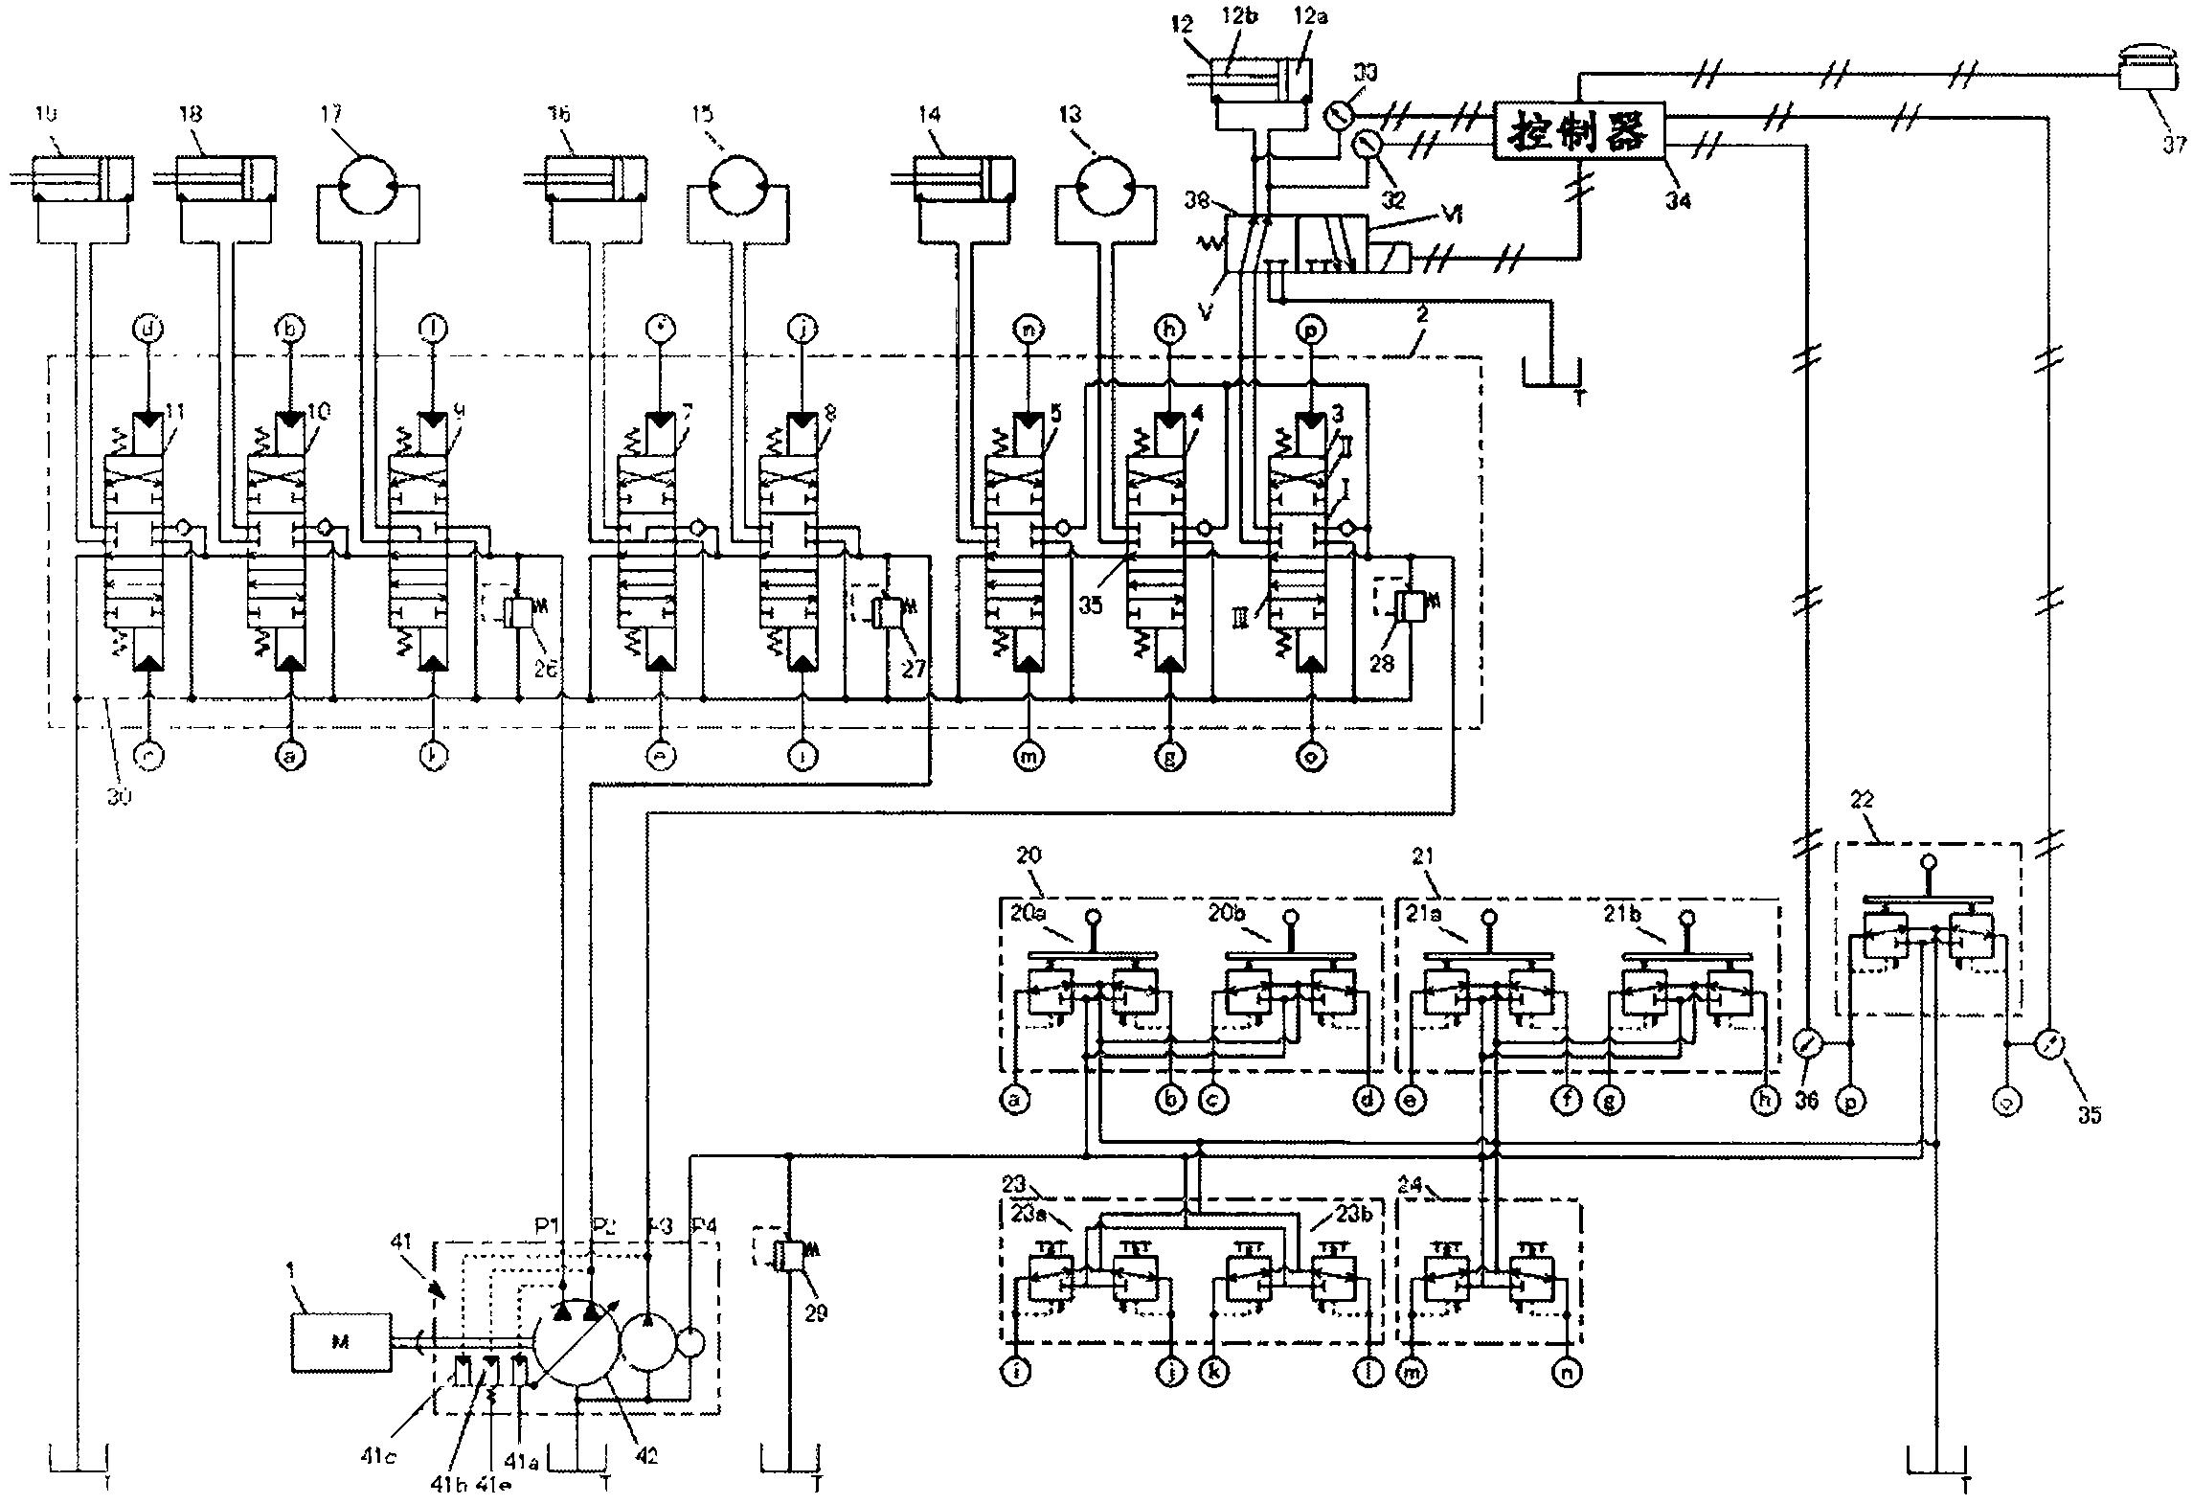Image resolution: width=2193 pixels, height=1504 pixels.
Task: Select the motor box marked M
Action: (341, 1342)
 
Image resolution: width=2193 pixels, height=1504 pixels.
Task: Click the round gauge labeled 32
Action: (1367, 146)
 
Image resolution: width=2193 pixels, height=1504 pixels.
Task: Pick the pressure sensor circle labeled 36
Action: (1806, 1042)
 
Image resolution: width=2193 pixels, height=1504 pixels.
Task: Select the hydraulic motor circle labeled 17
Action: (368, 184)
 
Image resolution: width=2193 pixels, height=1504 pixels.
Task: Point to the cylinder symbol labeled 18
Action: (227, 178)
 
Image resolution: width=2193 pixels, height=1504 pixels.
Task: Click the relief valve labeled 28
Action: (1412, 605)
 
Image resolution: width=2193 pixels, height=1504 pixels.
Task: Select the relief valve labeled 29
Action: (788, 1257)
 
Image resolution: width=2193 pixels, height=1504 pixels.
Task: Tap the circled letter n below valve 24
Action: (1568, 1373)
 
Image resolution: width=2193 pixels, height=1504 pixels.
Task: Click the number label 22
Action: (1862, 800)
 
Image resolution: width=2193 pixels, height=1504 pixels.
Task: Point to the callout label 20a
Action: (1028, 915)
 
